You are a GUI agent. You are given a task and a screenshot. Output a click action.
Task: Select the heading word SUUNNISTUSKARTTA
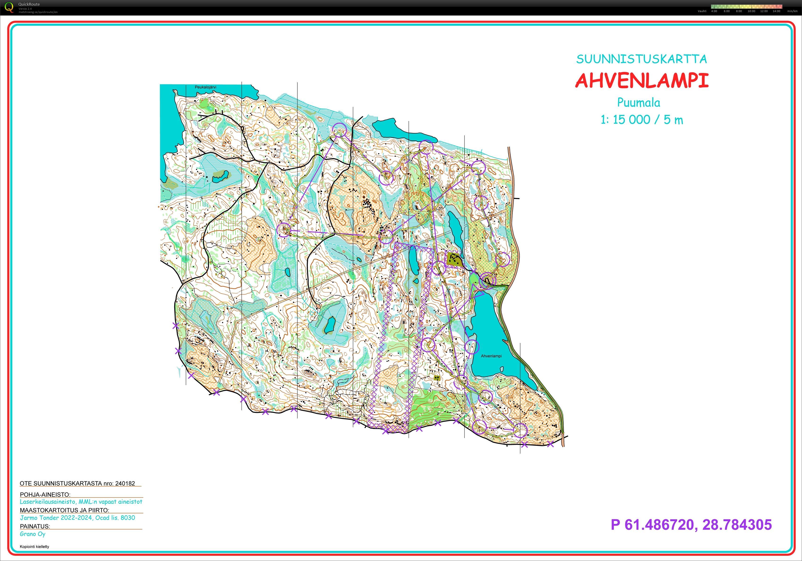641,59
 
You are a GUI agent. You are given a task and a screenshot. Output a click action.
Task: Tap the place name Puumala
639,102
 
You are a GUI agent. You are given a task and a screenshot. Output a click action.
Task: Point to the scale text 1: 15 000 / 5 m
641,120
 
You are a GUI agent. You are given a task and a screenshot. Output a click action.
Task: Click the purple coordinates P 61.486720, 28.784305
691,525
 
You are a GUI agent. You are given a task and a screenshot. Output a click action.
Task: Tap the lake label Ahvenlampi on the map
491,356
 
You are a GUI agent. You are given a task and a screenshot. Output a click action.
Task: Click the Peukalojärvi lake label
205,87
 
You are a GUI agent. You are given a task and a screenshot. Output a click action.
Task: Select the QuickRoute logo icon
9,7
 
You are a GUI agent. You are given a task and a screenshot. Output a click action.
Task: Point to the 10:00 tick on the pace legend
751,11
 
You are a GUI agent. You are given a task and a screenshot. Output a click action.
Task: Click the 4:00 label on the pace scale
714,11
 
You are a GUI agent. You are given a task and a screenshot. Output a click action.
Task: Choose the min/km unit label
792,11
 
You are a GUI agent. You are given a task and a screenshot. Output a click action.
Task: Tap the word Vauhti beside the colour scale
702,11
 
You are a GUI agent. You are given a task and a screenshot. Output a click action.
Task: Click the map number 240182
125,483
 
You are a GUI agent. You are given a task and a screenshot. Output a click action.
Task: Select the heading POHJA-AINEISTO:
45,495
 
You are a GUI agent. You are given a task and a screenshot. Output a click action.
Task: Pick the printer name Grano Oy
33,534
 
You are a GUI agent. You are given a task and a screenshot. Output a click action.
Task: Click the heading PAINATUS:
35,526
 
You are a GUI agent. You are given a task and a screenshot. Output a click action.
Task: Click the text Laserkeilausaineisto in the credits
48,502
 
